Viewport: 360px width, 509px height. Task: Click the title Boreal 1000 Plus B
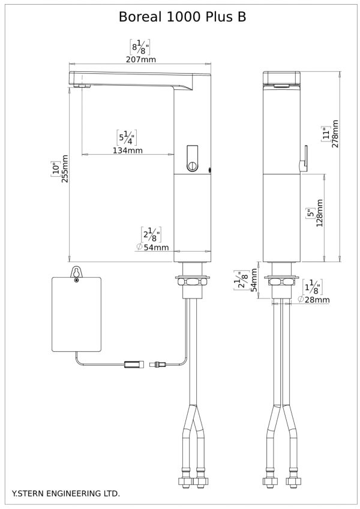tap(182, 17)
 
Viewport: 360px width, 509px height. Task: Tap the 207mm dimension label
tap(141, 59)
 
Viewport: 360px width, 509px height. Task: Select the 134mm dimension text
tap(128, 150)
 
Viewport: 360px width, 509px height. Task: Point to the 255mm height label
tap(65, 169)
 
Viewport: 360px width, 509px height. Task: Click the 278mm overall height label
tap(335, 134)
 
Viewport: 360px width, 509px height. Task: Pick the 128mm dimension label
tap(319, 213)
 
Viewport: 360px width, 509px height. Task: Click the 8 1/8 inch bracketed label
tap(140, 47)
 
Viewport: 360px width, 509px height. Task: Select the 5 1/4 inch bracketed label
tap(127, 138)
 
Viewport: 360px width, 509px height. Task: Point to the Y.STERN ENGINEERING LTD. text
tap(66, 494)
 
